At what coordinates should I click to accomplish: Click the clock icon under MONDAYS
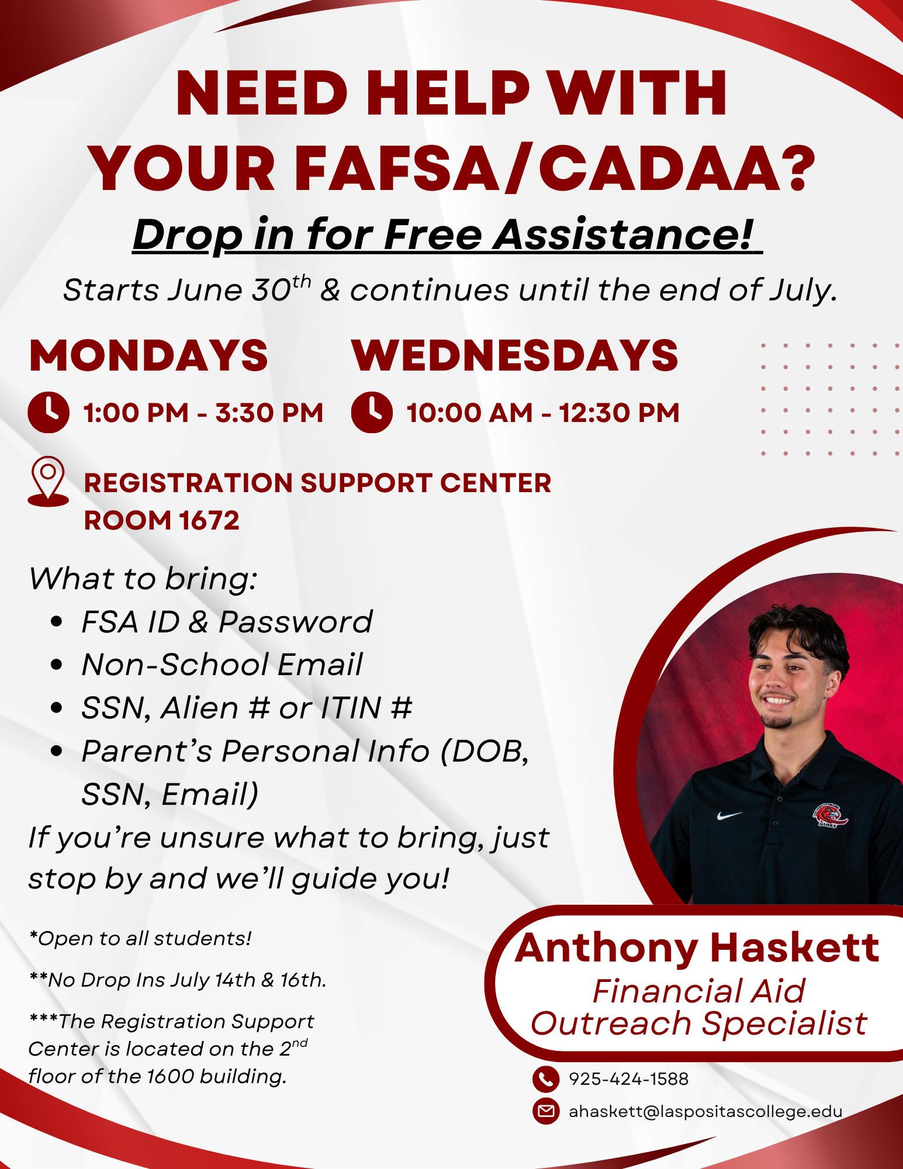click(x=49, y=412)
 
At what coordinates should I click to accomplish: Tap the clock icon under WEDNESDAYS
click(x=372, y=412)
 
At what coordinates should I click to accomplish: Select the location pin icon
click(x=48, y=481)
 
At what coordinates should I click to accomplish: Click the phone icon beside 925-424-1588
click(x=546, y=1078)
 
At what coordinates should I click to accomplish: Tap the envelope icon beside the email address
click(x=546, y=1111)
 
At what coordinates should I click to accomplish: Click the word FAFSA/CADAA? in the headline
click(x=555, y=168)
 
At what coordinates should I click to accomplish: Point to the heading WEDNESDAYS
click(x=514, y=355)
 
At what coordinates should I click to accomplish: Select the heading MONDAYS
click(x=148, y=355)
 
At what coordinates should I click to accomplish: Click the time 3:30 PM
click(x=269, y=413)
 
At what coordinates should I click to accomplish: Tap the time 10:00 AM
click(x=470, y=413)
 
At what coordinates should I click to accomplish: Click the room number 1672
click(x=209, y=520)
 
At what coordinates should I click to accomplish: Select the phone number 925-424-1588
click(x=629, y=1078)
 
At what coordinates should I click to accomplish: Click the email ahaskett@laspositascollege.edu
click(x=705, y=1111)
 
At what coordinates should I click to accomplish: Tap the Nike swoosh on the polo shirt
click(x=729, y=815)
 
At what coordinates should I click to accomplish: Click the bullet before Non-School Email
click(x=56, y=665)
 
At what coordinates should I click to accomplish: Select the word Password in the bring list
click(x=296, y=621)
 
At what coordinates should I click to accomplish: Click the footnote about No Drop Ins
click(x=178, y=980)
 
